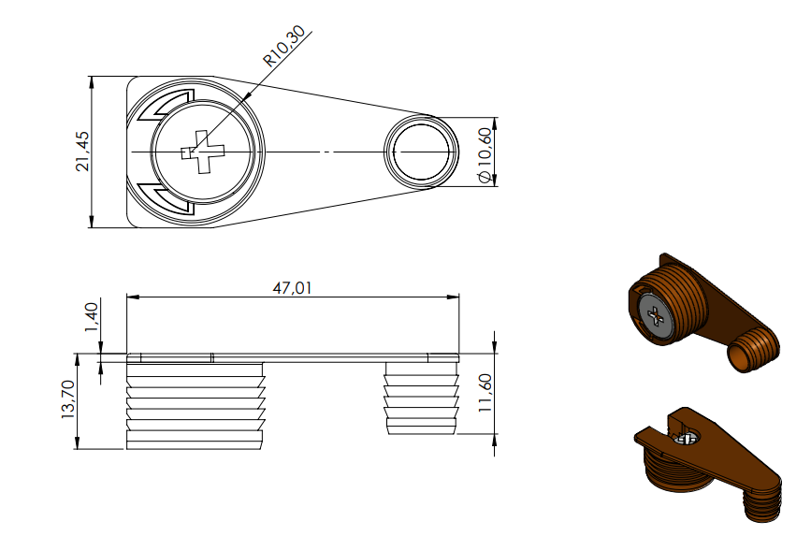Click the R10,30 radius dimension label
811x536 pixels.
(284, 46)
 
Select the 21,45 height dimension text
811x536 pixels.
(82, 152)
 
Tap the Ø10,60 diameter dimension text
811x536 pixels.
(485, 155)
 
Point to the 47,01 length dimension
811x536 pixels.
(292, 288)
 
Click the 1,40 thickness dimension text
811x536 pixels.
(91, 318)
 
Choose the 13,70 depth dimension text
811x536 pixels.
(67, 399)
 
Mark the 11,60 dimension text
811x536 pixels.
(485, 393)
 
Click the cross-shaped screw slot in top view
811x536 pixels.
(203, 152)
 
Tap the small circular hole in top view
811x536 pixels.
(421, 152)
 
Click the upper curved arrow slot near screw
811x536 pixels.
(163, 106)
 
